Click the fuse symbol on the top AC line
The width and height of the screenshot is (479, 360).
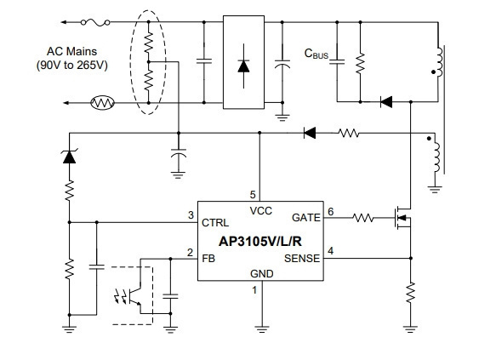95,22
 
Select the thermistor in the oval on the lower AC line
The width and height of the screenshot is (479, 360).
103,103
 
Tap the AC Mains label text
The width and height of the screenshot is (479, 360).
71,51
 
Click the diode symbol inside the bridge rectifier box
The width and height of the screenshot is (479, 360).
243,66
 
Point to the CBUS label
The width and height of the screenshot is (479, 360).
316,54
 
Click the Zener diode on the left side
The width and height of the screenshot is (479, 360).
70,157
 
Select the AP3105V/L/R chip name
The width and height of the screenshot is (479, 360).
260,242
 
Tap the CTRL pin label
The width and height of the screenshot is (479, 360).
215,223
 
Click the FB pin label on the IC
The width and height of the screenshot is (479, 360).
208,259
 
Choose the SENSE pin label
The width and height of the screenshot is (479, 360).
302,259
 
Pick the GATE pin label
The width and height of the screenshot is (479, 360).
306,218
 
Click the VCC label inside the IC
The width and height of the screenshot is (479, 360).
260,211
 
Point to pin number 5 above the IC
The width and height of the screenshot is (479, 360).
253,195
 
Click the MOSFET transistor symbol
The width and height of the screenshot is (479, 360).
402,218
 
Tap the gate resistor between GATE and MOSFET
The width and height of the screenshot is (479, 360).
363,218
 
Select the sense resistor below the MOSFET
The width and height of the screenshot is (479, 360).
411,293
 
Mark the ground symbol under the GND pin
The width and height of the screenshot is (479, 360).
262,329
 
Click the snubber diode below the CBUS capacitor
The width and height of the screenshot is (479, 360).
386,102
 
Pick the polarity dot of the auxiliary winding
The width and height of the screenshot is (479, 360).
429,139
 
